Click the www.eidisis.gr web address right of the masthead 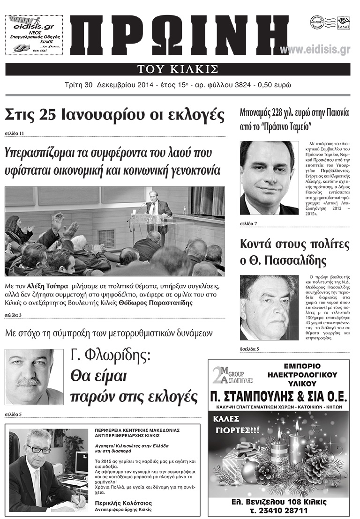click(315, 50)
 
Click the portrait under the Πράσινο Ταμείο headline click(269, 178)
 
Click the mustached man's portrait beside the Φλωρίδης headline click(34, 377)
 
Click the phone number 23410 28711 click(279, 509)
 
